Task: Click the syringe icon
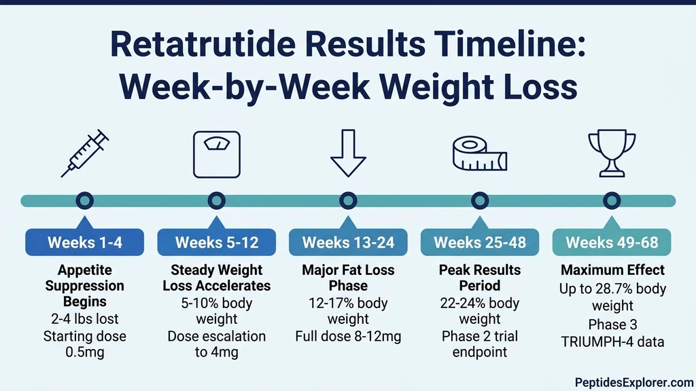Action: pos(85,153)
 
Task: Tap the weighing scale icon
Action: pos(216,153)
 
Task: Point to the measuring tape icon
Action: pos(480,153)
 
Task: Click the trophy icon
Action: pos(612,153)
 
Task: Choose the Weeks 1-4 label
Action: pos(85,242)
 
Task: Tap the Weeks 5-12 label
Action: pos(216,242)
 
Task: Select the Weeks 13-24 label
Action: pos(348,242)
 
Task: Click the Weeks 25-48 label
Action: pos(480,242)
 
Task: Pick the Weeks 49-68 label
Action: pos(612,242)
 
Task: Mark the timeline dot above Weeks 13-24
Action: pos(348,200)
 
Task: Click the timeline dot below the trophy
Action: pos(612,200)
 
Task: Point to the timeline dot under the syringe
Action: pos(85,200)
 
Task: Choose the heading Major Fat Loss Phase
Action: pos(348,277)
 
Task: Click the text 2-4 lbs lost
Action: pos(85,318)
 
